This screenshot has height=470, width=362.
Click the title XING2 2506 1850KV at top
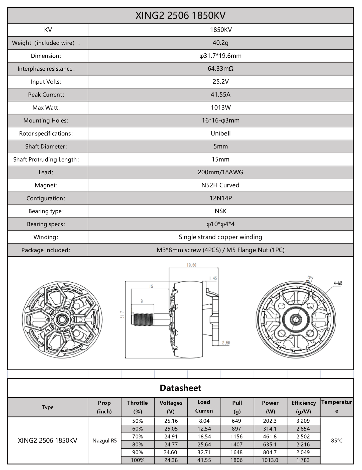pos(180,16)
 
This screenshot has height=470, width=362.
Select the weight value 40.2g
pos(220,43)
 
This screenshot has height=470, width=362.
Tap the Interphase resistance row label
pos(46,69)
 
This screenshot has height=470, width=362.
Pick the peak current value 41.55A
pos(220,95)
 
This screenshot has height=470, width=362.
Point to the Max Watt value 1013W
pos(220,108)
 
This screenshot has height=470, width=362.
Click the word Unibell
pos(220,134)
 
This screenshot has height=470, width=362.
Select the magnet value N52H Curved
pos(220,185)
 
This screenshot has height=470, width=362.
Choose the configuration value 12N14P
pos(220,198)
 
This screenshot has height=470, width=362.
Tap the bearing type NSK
pos(220,211)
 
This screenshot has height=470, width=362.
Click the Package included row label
pos(46,250)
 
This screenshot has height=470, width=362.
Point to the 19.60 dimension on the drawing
pos(191,265)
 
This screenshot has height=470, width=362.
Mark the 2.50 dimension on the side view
pos(226,343)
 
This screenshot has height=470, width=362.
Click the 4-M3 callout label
pos(338,283)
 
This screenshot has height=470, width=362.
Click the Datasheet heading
pos(180,388)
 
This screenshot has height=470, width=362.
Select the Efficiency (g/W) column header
pos(304,407)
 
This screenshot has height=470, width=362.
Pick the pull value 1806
pos(236,460)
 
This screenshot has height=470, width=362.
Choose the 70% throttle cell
pos(138,437)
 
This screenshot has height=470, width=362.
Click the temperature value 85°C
pos(337,440)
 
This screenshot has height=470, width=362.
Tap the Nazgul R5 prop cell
pos(104,441)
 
